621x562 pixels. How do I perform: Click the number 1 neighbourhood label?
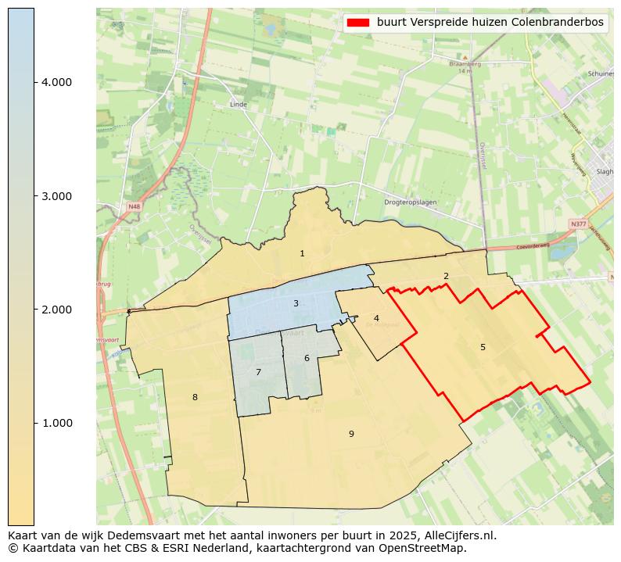point(302,254)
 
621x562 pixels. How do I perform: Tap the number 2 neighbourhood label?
point(446,276)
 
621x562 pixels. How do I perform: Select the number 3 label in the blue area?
point(296,303)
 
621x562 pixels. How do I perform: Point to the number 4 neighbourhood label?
point(376,318)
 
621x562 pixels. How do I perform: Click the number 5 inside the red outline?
point(483,347)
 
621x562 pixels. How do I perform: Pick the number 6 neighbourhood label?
point(307,358)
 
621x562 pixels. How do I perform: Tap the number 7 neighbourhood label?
point(258,372)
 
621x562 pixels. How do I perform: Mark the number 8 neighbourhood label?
point(195,397)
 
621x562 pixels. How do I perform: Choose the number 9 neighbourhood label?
point(351,434)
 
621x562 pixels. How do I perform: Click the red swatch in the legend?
point(358,23)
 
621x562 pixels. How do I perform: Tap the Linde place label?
point(239,104)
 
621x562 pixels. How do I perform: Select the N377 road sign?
point(578,224)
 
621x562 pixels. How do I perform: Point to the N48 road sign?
point(135,206)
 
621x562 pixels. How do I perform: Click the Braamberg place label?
point(462,64)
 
